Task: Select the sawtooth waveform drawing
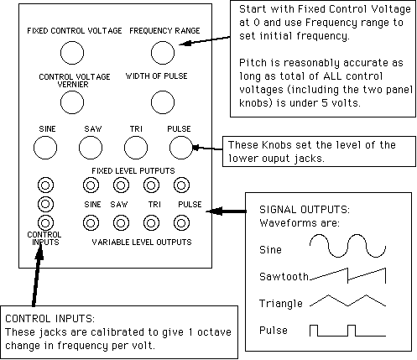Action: tap(348, 275)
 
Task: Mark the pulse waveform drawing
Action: tap(347, 331)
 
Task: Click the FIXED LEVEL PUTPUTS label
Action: tap(133, 170)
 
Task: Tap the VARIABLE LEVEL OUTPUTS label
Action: tap(142, 242)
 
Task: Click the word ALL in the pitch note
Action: tap(332, 76)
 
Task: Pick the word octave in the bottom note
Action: tap(214, 332)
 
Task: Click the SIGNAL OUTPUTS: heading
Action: tap(305, 210)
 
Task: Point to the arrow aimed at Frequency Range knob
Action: tap(205, 40)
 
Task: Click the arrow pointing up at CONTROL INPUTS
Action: tap(38, 274)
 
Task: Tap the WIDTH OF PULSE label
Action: tap(157, 76)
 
